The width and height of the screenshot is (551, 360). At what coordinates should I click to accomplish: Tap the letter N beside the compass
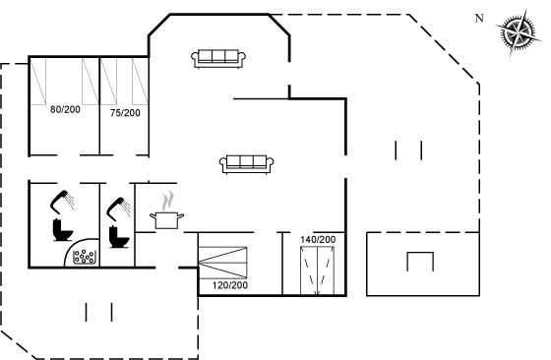(x=479, y=19)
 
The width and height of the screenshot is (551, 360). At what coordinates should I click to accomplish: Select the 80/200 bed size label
(x=65, y=109)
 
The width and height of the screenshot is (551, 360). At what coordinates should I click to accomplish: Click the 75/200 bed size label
(x=125, y=113)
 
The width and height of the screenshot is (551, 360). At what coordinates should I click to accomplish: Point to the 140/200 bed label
(x=318, y=240)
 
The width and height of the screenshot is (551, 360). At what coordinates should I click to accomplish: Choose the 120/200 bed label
(x=230, y=285)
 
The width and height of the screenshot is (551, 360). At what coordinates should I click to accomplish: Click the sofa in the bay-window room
(x=218, y=59)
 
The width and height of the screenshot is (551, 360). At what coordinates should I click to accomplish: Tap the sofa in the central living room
(x=246, y=164)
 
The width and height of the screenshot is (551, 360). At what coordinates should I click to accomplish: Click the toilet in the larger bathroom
(x=63, y=230)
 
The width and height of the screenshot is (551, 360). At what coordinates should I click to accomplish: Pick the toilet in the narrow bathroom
(x=119, y=237)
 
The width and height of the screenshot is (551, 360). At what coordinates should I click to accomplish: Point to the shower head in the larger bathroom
(x=62, y=202)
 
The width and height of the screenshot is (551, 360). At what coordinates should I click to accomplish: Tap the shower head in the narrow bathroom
(x=118, y=209)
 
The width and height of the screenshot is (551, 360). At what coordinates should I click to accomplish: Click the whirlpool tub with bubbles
(x=84, y=257)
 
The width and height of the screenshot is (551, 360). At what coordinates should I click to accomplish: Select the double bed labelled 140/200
(x=317, y=270)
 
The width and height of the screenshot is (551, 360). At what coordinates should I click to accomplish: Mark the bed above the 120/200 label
(x=222, y=263)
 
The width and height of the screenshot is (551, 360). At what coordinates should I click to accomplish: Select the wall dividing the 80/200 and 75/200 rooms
(x=99, y=105)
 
